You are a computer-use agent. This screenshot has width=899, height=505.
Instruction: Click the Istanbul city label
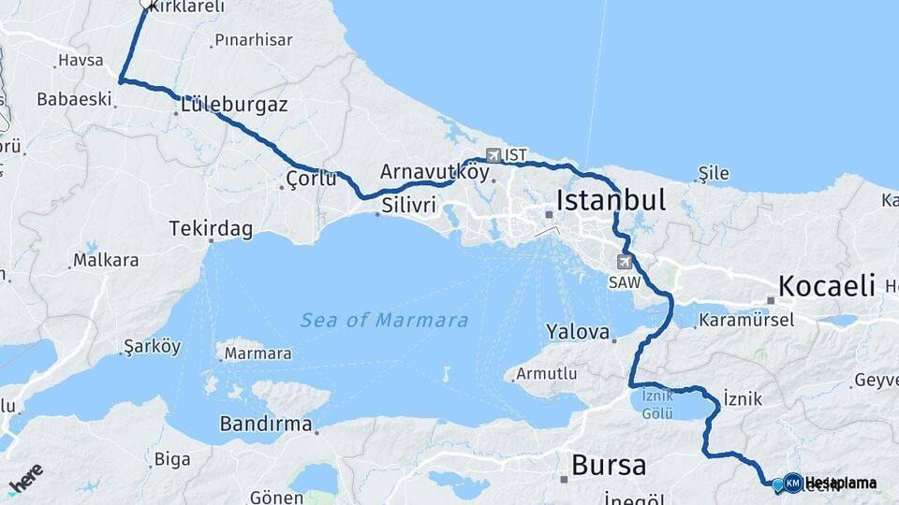tap(611, 200)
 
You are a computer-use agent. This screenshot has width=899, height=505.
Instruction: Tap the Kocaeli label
tap(826, 285)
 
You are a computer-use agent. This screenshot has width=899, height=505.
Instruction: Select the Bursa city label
tap(608, 465)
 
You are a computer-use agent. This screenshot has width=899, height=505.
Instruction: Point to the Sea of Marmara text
tap(384, 321)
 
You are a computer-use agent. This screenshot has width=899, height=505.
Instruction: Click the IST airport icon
tap(494, 155)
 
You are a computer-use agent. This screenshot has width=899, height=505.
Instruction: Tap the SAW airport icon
tap(624, 262)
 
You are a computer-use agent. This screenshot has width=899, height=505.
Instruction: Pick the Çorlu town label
tap(312, 179)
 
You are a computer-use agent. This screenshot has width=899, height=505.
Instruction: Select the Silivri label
tap(407, 202)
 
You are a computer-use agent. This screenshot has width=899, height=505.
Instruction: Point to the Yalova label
tap(578, 332)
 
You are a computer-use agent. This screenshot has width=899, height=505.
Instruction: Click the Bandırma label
tap(265, 424)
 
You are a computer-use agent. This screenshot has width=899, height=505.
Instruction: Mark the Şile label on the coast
tap(713, 174)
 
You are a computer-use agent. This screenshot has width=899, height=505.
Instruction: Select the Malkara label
tap(106, 260)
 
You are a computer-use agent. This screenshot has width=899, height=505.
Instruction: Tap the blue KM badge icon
tap(792, 483)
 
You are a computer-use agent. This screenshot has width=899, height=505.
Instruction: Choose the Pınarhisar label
tap(253, 40)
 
